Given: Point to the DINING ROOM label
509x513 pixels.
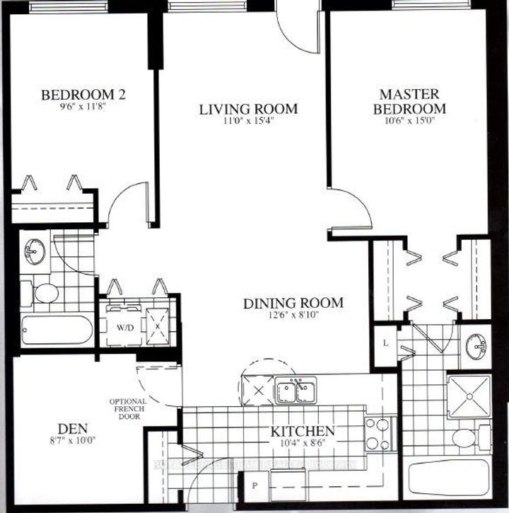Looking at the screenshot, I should coord(293,304).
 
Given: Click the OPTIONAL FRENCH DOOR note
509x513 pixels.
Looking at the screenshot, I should coord(128,409).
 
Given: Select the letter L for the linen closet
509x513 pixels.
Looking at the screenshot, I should coord(385,342).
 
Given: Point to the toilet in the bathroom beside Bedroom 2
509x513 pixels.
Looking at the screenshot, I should coord(44,292).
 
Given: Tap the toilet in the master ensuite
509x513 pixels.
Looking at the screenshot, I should coord(466,437).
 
